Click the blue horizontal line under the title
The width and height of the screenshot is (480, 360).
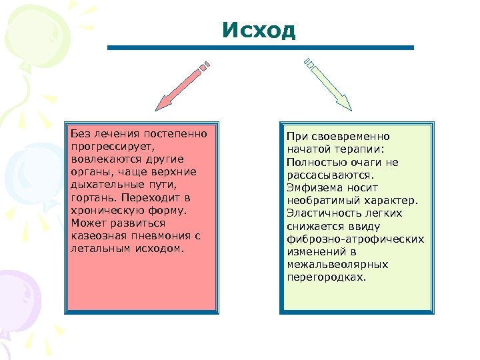(x=260, y=48)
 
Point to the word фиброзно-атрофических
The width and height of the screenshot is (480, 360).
(x=355, y=239)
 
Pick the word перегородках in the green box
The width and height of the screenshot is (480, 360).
(x=325, y=277)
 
